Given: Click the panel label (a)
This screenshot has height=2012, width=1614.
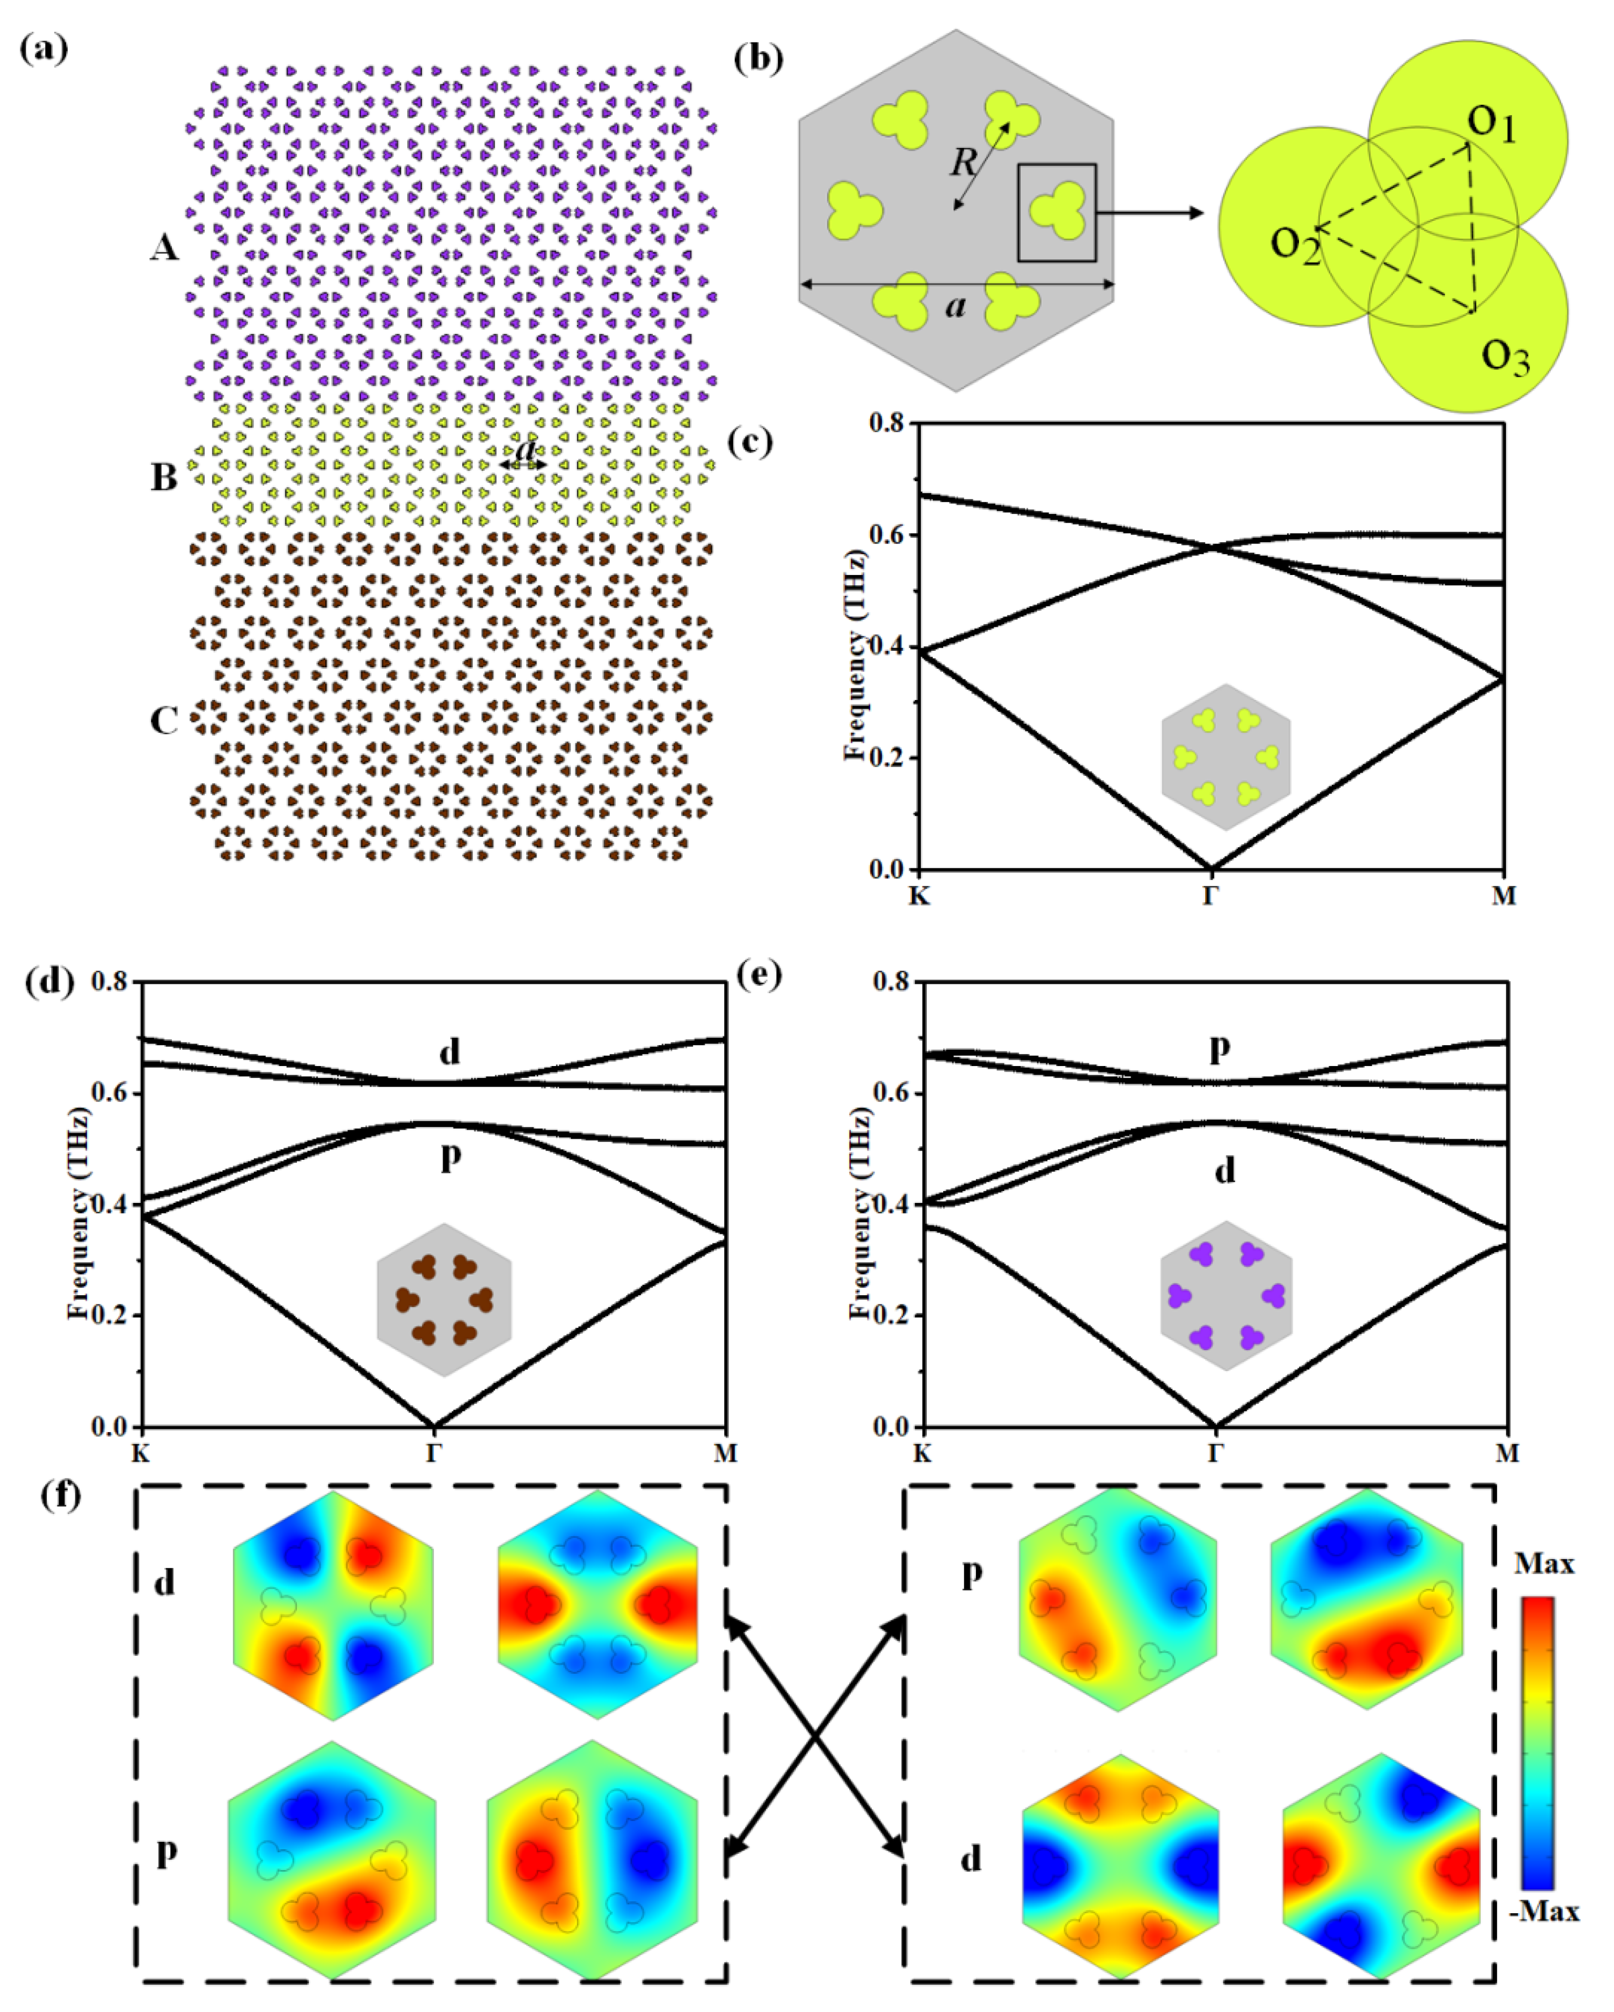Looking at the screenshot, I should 44,49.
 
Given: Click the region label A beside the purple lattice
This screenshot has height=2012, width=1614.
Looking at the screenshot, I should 164,247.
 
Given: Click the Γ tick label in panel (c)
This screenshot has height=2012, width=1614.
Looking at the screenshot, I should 1211,896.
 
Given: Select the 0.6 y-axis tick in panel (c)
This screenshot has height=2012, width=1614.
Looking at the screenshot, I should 887,535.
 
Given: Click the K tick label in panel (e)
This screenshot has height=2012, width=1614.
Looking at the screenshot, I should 922,1453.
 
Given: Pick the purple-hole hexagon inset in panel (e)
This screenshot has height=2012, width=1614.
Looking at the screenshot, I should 1226,1295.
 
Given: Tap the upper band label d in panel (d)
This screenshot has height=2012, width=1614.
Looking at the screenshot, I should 450,1052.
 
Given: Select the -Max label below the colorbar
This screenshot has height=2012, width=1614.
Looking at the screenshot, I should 1544,1912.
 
